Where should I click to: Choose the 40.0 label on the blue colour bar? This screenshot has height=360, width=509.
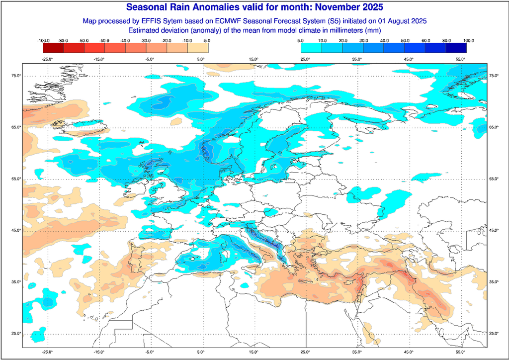[384, 40]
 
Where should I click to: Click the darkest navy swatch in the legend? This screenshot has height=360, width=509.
[456, 48]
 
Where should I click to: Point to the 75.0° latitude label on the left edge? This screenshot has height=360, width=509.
[16, 76]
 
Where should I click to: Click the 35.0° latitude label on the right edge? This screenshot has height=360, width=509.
[494, 282]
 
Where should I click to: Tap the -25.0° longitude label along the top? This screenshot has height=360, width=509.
[47, 60]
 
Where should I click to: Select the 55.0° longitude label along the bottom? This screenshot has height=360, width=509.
[460, 352]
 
